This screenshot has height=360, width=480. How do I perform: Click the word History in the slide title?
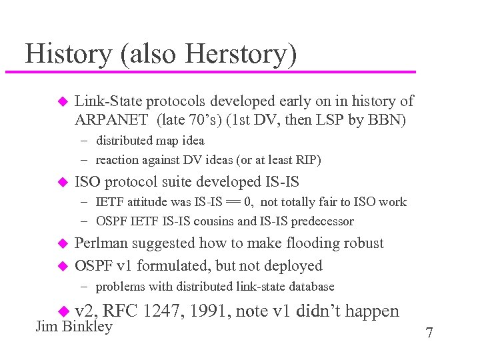coord(69,54)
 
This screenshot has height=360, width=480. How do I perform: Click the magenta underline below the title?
coord(210,71)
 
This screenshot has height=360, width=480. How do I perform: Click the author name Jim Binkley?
coord(73,327)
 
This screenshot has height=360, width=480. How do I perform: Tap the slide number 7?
coord(429,333)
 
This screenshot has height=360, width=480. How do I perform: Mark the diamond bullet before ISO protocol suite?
coord(63,182)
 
